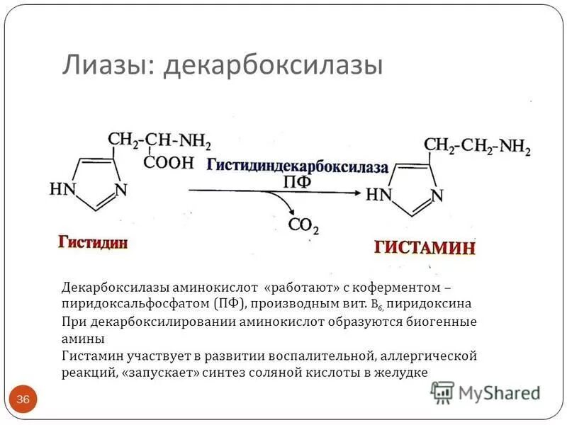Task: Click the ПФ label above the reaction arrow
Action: pyautogui.click(x=297, y=182)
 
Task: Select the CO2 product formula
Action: pyautogui.click(x=303, y=226)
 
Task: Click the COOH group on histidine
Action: pyautogui.click(x=169, y=161)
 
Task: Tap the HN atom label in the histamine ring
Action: pyautogui.click(x=378, y=194)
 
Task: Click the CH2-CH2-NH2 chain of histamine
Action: pyautogui.click(x=477, y=146)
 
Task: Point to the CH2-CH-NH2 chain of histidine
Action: pyautogui.click(x=160, y=140)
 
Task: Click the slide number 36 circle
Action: pyautogui.click(x=23, y=400)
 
